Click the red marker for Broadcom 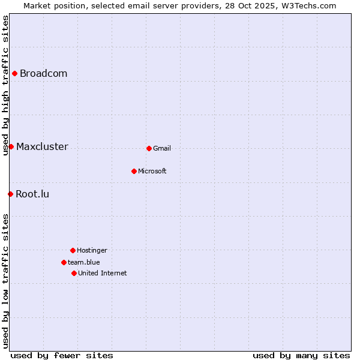tap(14, 73)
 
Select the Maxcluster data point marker tap(11, 146)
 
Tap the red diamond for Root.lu tap(10, 194)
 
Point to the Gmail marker tap(149, 148)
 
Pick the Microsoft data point tap(134, 171)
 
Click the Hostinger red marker tap(73, 250)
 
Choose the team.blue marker tap(64, 262)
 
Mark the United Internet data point tap(74, 273)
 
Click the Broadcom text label tap(43, 74)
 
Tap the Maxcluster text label tap(42, 147)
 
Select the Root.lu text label tap(32, 194)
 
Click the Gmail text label tap(162, 149)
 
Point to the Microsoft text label tap(152, 172)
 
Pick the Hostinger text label tap(92, 251)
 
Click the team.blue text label tap(84, 263)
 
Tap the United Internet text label tap(103, 274)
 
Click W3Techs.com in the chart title tap(307, 5)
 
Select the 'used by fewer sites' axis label tap(62, 355)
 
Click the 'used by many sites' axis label tap(301, 355)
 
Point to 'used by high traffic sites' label tap(5, 85)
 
